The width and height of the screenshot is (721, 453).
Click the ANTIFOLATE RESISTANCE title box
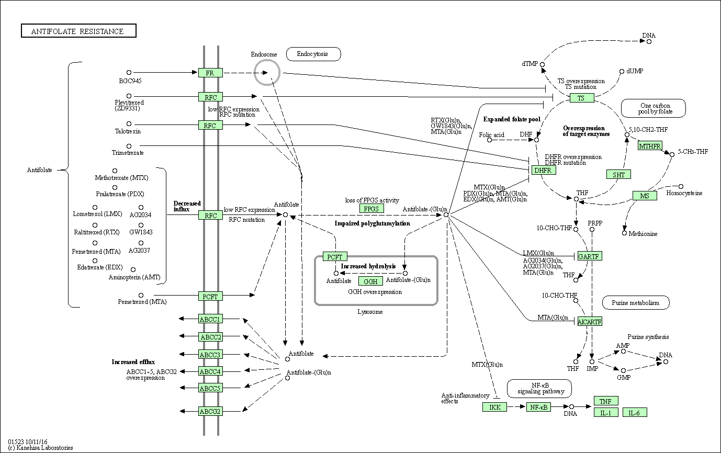click(x=78, y=31)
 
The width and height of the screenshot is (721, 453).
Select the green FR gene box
click(x=210, y=73)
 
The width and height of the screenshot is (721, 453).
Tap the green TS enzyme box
click(x=581, y=98)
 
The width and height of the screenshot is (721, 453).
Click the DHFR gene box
click(x=544, y=170)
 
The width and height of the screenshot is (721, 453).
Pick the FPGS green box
click(x=372, y=208)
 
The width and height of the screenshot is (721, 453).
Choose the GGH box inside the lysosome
click(x=370, y=282)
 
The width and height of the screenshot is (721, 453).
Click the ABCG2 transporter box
click(x=210, y=411)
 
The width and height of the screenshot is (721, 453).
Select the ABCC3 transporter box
click(x=210, y=355)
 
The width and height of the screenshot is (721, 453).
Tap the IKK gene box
click(x=494, y=407)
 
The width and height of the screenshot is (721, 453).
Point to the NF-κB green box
click(x=538, y=406)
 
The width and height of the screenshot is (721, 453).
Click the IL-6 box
click(x=635, y=413)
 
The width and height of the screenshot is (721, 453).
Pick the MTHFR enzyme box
click(x=650, y=145)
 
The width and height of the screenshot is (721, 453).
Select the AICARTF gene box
click(x=590, y=321)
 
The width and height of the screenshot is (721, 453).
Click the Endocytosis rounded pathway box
click(x=313, y=54)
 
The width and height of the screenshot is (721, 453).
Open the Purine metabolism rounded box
click(x=635, y=302)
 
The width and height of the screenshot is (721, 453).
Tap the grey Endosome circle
click(x=267, y=72)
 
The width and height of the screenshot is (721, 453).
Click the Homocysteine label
click(x=684, y=193)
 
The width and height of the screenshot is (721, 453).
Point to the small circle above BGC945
click(x=129, y=73)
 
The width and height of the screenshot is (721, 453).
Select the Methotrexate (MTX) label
click(x=121, y=178)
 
